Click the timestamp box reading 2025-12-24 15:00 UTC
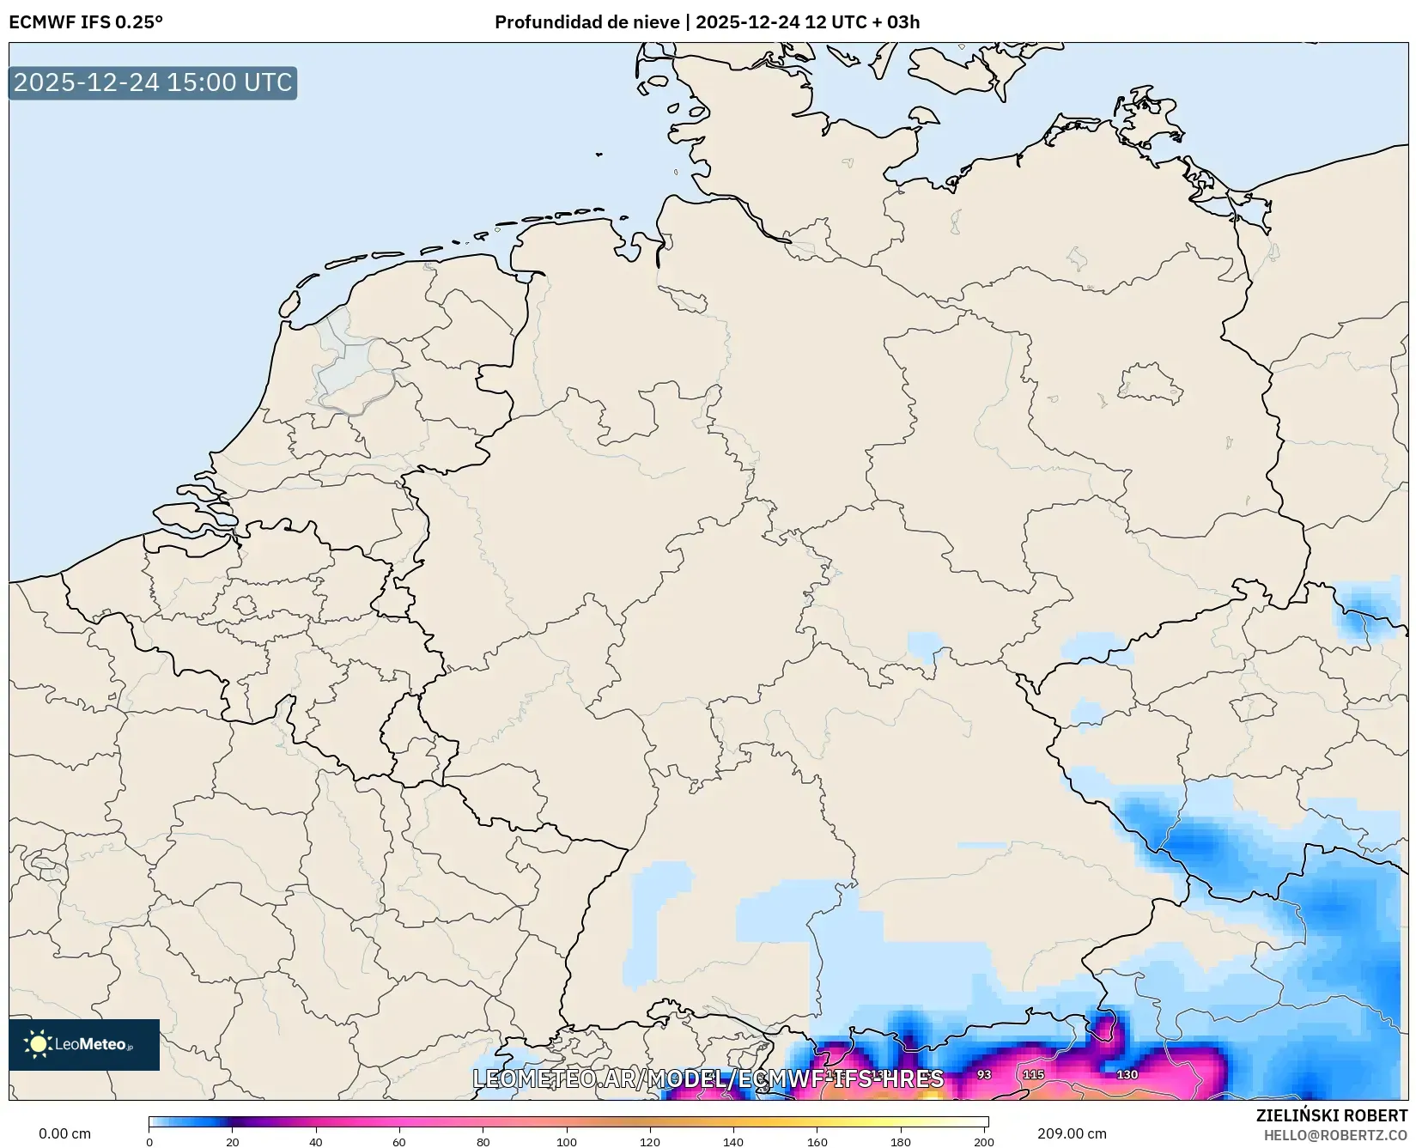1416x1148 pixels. (153, 82)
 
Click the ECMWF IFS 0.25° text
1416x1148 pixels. (86, 22)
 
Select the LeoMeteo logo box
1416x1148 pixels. (84, 1044)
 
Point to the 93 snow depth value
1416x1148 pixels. (984, 1074)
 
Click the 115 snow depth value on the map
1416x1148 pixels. (1033, 1074)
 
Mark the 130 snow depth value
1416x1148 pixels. (1127, 1074)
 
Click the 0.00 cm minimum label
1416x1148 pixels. (65, 1133)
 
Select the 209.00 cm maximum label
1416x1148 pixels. (1072, 1133)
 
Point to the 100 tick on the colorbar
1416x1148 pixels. (567, 1141)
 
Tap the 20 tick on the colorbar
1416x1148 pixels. (233, 1141)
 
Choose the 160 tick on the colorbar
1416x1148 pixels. (817, 1141)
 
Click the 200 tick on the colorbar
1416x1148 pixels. (984, 1141)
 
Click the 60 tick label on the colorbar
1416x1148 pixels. (399, 1141)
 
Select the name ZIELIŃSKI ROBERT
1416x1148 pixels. (1332, 1116)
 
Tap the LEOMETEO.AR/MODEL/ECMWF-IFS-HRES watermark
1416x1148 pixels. (708, 1078)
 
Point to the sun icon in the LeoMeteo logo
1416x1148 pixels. (38, 1044)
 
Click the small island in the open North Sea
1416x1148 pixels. (599, 155)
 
